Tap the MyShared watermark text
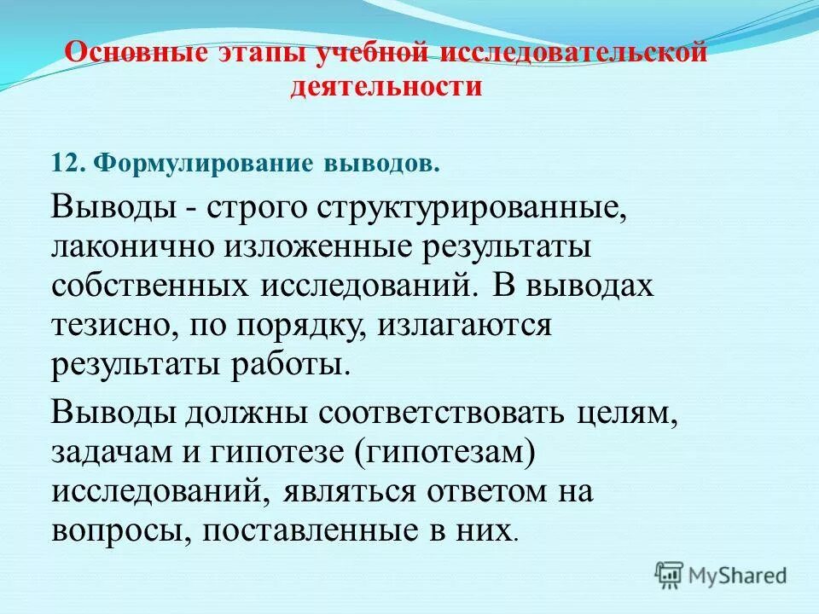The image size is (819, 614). point(739,576)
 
